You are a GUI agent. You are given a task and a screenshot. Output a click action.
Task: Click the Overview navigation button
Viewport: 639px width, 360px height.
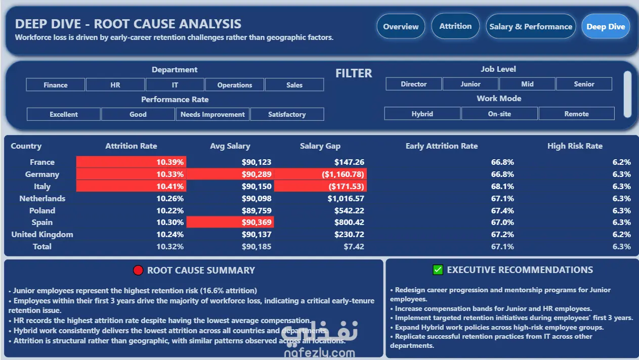401,26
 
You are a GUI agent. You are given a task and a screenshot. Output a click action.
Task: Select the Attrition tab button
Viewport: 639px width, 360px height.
455,26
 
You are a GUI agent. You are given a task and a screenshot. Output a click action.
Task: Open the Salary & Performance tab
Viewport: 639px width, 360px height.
531,26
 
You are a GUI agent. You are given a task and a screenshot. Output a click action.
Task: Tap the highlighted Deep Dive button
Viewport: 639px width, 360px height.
606,26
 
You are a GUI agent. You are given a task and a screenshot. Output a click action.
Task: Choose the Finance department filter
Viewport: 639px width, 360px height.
55,84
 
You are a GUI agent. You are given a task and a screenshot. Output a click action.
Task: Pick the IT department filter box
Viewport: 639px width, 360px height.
175,84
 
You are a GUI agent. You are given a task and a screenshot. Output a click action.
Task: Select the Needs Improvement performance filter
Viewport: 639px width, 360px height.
212,114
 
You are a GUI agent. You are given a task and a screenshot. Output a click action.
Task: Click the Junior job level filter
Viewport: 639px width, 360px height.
471,84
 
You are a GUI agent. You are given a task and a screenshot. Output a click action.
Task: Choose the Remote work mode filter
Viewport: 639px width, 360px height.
577,114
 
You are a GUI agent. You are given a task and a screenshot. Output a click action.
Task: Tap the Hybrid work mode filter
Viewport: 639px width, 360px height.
422,114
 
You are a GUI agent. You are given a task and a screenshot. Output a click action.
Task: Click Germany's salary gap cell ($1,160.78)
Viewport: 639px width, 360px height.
343,174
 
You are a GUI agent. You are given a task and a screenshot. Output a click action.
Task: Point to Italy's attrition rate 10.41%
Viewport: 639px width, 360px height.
169,187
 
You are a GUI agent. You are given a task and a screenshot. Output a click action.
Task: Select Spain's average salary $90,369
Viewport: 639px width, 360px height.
257,222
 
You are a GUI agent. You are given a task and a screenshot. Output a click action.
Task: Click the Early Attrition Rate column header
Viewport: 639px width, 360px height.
442,146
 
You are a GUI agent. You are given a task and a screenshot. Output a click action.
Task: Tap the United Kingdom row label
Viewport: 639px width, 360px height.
42,234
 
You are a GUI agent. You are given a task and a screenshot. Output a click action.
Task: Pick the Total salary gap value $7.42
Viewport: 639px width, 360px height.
354,247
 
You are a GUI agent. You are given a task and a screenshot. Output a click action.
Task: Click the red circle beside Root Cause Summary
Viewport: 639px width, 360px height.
138,270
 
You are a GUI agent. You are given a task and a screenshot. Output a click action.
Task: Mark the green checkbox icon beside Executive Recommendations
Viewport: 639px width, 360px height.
438,269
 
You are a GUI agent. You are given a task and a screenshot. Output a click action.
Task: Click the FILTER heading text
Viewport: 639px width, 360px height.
354,73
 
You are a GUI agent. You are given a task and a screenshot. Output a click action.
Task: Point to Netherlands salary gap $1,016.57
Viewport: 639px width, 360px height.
346,198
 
